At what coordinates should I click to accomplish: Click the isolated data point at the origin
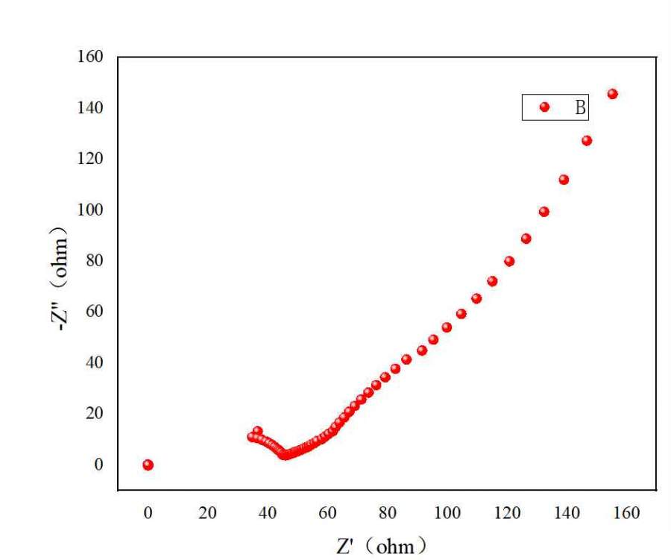click(148, 465)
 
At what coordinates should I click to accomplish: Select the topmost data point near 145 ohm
click(612, 94)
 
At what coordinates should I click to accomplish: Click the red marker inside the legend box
click(544, 107)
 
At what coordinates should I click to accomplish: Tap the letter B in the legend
click(579, 107)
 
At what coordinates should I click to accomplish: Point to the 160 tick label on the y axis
click(90, 57)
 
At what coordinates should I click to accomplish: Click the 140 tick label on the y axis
click(90, 108)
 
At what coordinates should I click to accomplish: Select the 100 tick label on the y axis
click(90, 210)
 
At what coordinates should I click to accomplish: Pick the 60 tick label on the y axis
click(93, 312)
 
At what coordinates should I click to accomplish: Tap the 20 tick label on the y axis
click(93, 413)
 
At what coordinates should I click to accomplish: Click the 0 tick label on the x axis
click(148, 513)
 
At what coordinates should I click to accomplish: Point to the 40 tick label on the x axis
click(268, 513)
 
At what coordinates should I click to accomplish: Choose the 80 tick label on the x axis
click(388, 513)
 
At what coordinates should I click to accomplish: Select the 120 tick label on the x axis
click(507, 513)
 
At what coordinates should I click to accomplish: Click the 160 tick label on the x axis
click(626, 513)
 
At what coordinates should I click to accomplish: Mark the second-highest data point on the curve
click(587, 141)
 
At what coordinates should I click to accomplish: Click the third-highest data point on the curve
click(564, 180)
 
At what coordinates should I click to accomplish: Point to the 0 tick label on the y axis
click(98, 464)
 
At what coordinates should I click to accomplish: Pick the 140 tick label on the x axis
click(567, 513)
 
